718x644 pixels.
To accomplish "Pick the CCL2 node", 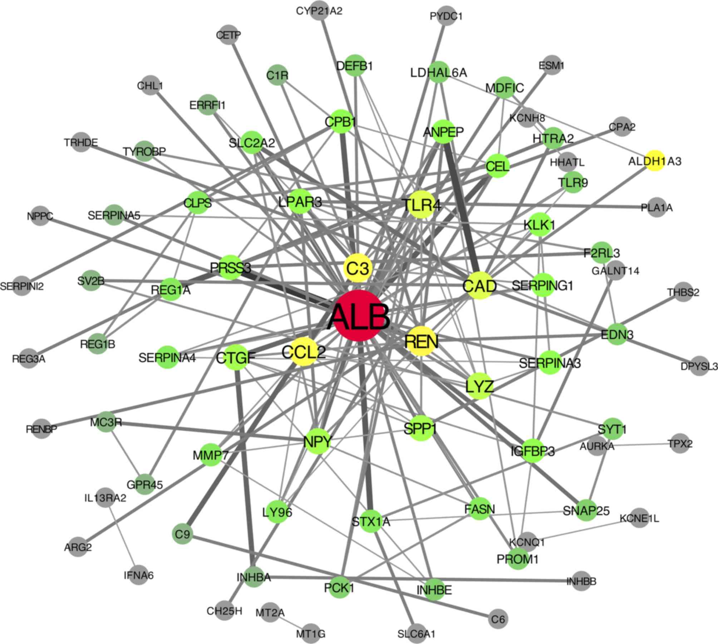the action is tap(305, 352).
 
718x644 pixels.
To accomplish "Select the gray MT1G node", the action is tap(311, 634).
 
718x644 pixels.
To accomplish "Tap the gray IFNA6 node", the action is tap(139, 575).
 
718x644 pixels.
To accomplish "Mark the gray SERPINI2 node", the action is tap(22, 286).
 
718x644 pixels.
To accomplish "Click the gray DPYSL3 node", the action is tap(699, 366).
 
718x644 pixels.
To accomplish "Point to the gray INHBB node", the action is tap(581, 581).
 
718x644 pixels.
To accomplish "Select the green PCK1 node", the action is tap(339, 587).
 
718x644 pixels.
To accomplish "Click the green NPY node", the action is tap(317, 442).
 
